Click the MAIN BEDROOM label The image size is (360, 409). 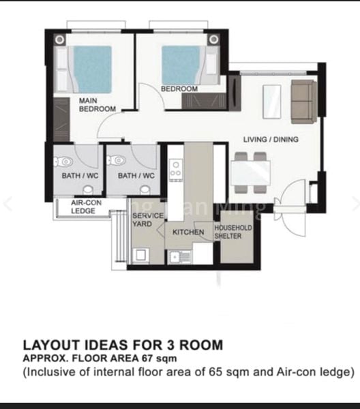pos(97,104)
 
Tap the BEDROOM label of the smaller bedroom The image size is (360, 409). pos(179,89)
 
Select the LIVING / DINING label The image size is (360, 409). pos(271,139)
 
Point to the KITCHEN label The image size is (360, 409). pos(188,232)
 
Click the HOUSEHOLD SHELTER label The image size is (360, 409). pos(233,232)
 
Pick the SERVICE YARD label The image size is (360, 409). pos(148,219)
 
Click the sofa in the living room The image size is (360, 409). pos(303,96)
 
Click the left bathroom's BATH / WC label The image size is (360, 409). pos(74,176)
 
